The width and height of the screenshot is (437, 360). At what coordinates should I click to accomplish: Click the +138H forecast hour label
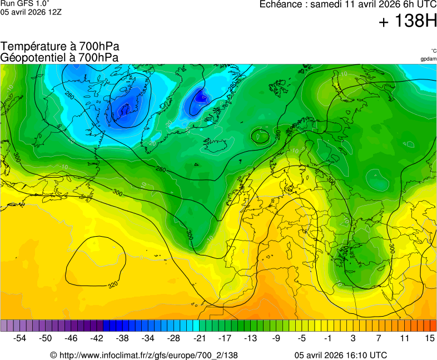[408, 22]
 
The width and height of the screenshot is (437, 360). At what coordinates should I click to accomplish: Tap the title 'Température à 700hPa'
[60, 47]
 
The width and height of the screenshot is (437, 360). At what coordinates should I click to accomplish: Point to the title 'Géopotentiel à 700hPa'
[59, 57]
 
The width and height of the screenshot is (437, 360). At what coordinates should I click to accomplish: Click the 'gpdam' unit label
[428, 59]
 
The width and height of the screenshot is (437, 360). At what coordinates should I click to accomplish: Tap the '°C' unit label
[433, 51]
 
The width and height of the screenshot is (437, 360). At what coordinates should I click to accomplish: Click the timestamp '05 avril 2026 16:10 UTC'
[341, 355]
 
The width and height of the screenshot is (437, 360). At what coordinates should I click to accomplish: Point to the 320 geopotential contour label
[113, 285]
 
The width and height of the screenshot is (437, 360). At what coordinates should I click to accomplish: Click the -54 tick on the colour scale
[20, 338]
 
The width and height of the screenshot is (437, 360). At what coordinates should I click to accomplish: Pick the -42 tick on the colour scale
[97, 338]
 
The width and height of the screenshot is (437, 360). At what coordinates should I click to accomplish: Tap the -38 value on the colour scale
[122, 338]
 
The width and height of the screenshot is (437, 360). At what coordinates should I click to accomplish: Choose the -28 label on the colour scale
[173, 338]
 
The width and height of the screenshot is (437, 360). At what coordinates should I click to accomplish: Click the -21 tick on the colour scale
[199, 338]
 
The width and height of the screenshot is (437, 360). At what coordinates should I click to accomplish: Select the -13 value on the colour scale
[250, 338]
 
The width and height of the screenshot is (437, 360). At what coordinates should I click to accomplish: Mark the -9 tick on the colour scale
[276, 338]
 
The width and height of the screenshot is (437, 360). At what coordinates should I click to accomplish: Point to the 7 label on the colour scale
[379, 338]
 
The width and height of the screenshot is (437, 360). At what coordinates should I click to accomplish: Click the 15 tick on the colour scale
[429, 338]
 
